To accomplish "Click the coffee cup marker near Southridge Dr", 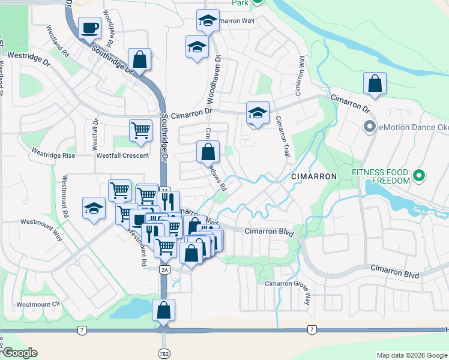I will click(x=90, y=28).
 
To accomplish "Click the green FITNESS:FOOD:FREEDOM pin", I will click(x=420, y=176).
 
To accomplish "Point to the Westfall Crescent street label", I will click(x=122, y=155).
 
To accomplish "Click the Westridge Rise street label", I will click(x=53, y=154).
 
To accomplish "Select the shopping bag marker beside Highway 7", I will click(x=163, y=311).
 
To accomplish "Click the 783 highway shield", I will click(x=164, y=353).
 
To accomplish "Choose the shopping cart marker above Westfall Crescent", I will click(x=140, y=130).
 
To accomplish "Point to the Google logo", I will click(x=19, y=353).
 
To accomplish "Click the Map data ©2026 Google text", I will click(x=412, y=355).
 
